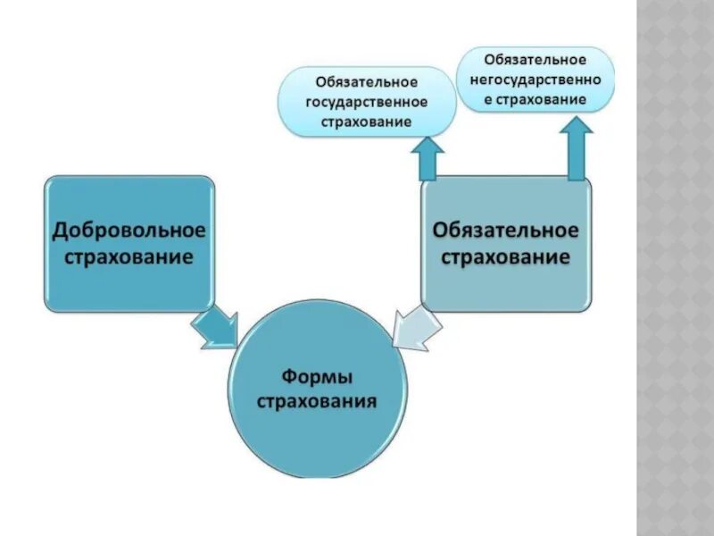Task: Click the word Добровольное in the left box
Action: click(129, 230)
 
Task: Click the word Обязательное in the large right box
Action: click(505, 230)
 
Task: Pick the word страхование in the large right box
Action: click(505, 258)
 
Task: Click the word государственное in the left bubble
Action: click(367, 102)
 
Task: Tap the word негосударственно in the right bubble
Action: click(535, 80)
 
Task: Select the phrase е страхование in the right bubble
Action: click(535, 99)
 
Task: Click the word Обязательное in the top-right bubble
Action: click(535, 60)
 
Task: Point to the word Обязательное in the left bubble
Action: click(367, 82)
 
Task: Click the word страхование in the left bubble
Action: click(367, 121)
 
